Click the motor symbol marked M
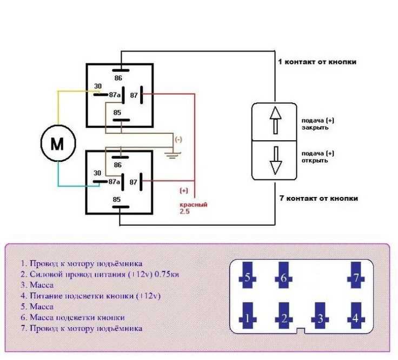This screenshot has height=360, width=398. pyautogui.click(x=58, y=143)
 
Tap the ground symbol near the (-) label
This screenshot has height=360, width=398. pyautogui.click(x=173, y=155)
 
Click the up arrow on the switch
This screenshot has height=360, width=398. pyautogui.click(x=275, y=120)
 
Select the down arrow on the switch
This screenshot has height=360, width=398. pyautogui.click(x=276, y=160)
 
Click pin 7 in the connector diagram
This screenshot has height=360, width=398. pyautogui.click(x=356, y=275)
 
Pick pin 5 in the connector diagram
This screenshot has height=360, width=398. pyautogui.click(x=248, y=275)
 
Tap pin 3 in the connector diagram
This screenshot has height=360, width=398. pyautogui.click(x=320, y=315)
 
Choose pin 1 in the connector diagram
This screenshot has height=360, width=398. pyautogui.click(x=248, y=315)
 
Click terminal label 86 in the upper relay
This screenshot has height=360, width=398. pyautogui.click(x=118, y=78)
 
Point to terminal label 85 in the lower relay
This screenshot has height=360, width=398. pyautogui.click(x=117, y=199)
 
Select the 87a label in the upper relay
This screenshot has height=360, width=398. pyautogui.click(x=115, y=95)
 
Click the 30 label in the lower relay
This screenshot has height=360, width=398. pyautogui.click(x=97, y=173)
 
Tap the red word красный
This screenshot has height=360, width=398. pyautogui.click(x=194, y=205)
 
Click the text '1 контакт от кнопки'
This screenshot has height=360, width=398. pyautogui.click(x=317, y=62)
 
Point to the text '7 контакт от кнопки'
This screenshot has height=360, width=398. pyautogui.click(x=319, y=198)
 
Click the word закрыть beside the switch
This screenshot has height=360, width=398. pyautogui.click(x=315, y=128)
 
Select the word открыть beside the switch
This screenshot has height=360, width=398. pyautogui.click(x=315, y=161)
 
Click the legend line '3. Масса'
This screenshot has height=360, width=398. pyautogui.click(x=37, y=285)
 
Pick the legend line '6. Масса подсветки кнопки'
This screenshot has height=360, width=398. pyautogui.click(x=72, y=318)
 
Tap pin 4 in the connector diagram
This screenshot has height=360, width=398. pyautogui.click(x=356, y=315)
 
